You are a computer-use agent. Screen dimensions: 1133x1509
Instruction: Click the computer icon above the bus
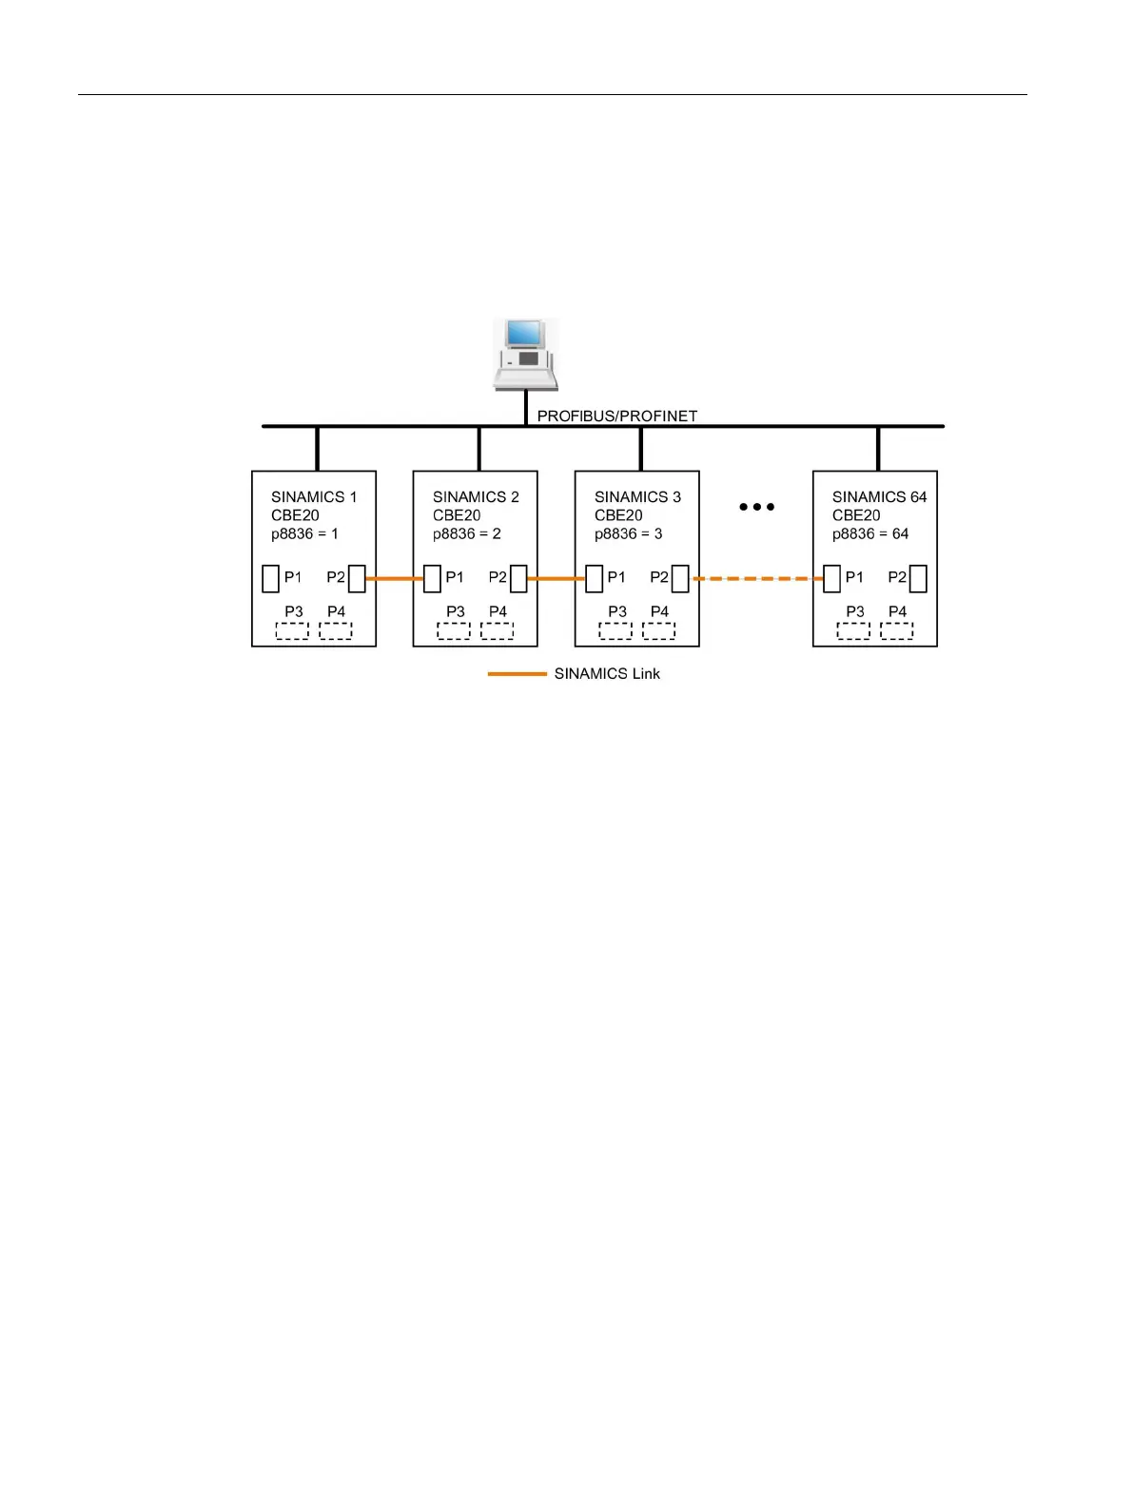(x=525, y=354)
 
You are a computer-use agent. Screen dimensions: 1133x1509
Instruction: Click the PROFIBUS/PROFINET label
(x=616, y=416)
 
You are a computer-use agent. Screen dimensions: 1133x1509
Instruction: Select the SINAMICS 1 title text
(x=314, y=496)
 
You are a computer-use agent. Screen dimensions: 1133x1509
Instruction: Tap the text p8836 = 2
(x=466, y=533)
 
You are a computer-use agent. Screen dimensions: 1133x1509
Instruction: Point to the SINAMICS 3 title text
(x=637, y=496)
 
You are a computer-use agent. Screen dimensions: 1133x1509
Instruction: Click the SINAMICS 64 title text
(x=879, y=496)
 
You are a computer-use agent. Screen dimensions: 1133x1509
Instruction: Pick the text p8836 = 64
(x=869, y=533)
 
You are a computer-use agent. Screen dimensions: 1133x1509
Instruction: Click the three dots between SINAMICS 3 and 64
(x=756, y=507)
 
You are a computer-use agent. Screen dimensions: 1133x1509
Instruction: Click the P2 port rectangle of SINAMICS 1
(x=357, y=578)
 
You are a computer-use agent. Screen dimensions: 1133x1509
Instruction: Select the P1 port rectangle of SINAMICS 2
(x=432, y=578)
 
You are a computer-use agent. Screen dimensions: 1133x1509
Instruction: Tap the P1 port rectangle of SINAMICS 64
(x=831, y=578)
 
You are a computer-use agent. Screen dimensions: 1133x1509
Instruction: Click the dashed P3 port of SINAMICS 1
(x=292, y=630)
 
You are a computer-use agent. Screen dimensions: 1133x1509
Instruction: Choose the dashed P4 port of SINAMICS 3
(x=658, y=630)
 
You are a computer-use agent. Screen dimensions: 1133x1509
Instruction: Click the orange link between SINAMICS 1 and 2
(x=394, y=578)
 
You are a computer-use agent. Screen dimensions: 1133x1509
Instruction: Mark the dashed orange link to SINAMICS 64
(x=756, y=578)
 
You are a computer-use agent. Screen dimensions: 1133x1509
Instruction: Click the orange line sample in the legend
(x=517, y=673)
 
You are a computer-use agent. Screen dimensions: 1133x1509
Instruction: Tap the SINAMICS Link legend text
(x=607, y=673)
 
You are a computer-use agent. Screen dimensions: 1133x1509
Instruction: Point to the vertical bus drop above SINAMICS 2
(x=479, y=449)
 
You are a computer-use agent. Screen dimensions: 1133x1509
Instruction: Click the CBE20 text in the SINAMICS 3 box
(x=618, y=515)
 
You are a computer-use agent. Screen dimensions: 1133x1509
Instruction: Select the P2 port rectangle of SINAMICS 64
(x=918, y=578)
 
